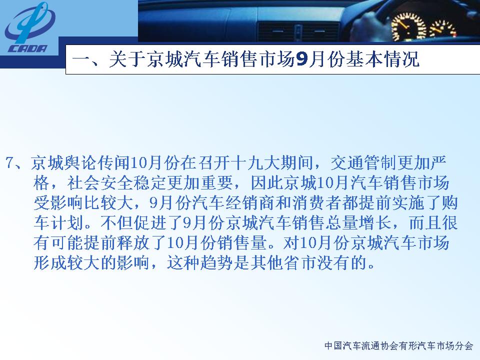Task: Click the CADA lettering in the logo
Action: pyautogui.click(x=28, y=48)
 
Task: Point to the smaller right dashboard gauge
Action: pyautogui.click(x=443, y=29)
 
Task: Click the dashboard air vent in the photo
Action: pyautogui.click(x=298, y=31)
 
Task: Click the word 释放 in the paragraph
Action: pyautogui.click(x=116, y=243)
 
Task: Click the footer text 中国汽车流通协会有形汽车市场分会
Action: pyautogui.click(x=399, y=346)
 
